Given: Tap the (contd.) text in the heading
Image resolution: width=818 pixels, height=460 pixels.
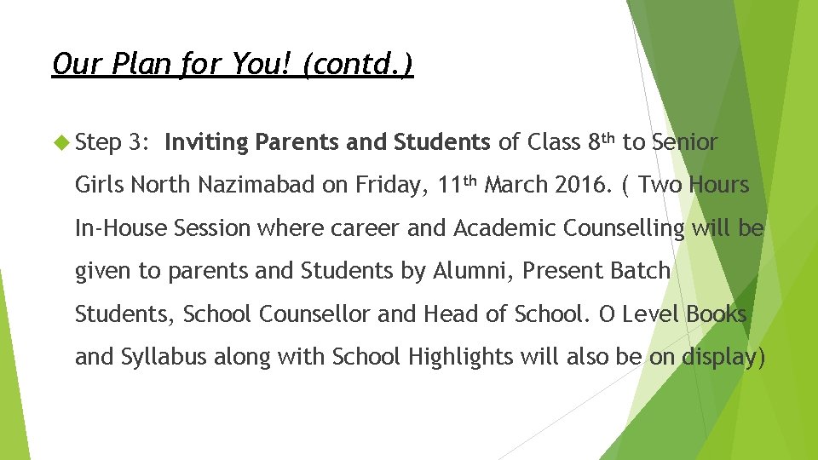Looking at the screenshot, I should click(359, 64).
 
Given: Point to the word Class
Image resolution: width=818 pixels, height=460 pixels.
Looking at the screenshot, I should click(556, 142).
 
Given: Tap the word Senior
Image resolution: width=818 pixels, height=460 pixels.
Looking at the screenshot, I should click(684, 142).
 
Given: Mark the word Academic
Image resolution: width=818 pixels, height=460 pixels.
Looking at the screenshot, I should click(504, 227).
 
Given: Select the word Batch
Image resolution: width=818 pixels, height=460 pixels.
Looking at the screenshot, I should click(638, 271).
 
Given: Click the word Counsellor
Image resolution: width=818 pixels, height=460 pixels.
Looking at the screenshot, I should click(314, 313).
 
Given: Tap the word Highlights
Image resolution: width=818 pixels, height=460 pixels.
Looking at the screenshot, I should click(459, 356).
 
